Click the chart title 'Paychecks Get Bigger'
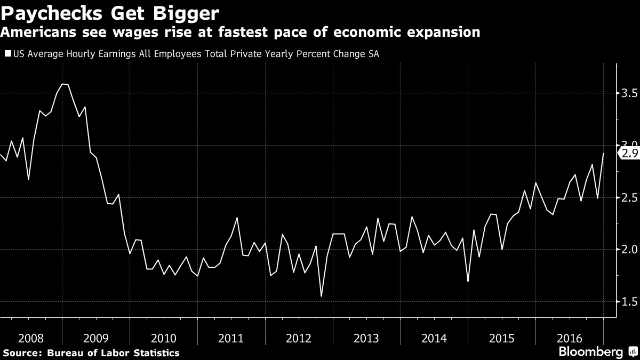(109, 12)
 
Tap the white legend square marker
(7, 53)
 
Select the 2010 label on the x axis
(164, 338)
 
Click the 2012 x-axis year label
(299, 338)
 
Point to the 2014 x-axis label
(433, 338)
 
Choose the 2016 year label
(567, 338)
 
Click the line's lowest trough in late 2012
(322, 297)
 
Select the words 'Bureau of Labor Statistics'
(113, 353)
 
